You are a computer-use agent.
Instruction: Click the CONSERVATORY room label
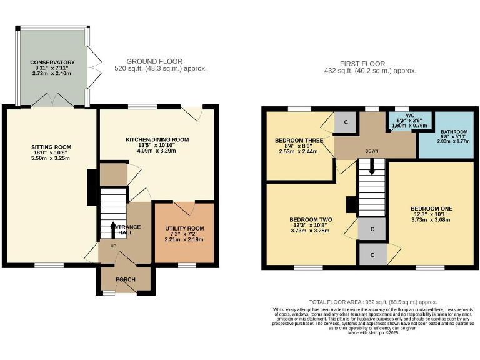[52, 62]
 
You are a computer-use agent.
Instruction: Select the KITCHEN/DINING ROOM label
[157, 139]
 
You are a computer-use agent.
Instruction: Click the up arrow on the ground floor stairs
[113, 229]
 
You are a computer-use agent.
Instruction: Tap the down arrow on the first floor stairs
[372, 167]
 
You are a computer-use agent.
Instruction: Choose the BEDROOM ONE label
[431, 209]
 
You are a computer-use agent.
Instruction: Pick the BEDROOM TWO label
[311, 220]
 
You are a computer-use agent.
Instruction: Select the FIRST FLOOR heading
[362, 64]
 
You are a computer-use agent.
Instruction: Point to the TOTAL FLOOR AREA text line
[373, 302]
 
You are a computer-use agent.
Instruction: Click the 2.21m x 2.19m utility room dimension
[184, 239]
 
